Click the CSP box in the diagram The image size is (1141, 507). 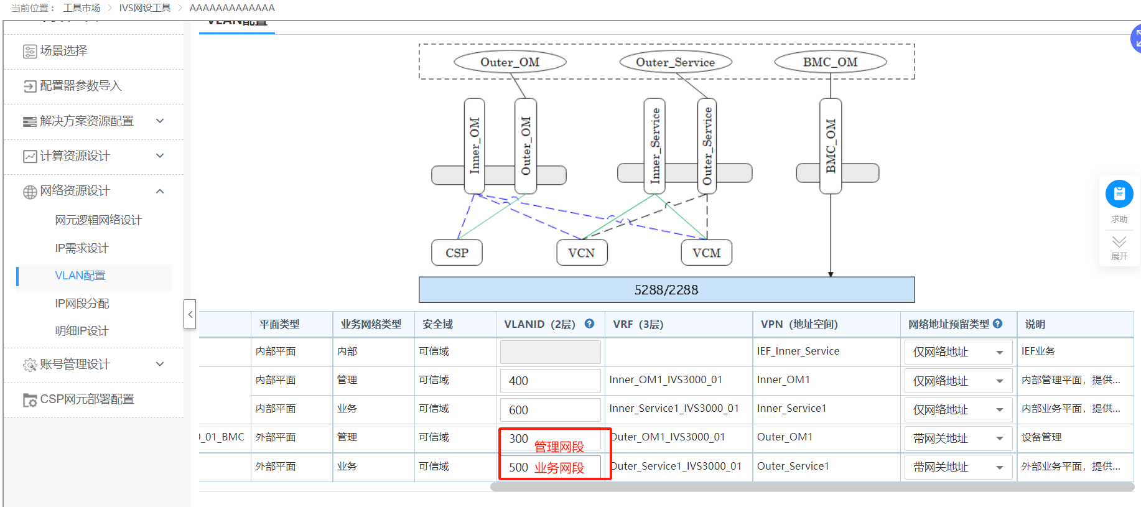click(457, 253)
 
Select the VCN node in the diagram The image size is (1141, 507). click(582, 253)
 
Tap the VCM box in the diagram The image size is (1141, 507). click(707, 253)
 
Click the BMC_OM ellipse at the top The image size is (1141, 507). click(830, 62)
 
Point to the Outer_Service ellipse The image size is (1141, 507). click(675, 62)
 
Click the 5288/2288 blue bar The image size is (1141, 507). click(666, 290)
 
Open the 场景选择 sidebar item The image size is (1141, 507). click(63, 51)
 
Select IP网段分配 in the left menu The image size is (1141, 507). click(81, 304)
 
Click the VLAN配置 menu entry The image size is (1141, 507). click(80, 276)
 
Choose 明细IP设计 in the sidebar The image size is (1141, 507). click(81, 331)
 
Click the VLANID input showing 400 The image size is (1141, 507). click(550, 381)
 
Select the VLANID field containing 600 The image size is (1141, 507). click(550, 410)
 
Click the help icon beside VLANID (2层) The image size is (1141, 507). click(590, 323)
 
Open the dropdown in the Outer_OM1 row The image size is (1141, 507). click(958, 439)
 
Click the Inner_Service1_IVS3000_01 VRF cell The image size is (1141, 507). click(674, 409)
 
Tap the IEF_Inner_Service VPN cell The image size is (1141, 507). click(798, 351)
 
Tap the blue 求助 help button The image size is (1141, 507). click(1119, 194)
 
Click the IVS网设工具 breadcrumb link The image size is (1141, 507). click(145, 8)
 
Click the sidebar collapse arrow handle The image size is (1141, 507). click(190, 314)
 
